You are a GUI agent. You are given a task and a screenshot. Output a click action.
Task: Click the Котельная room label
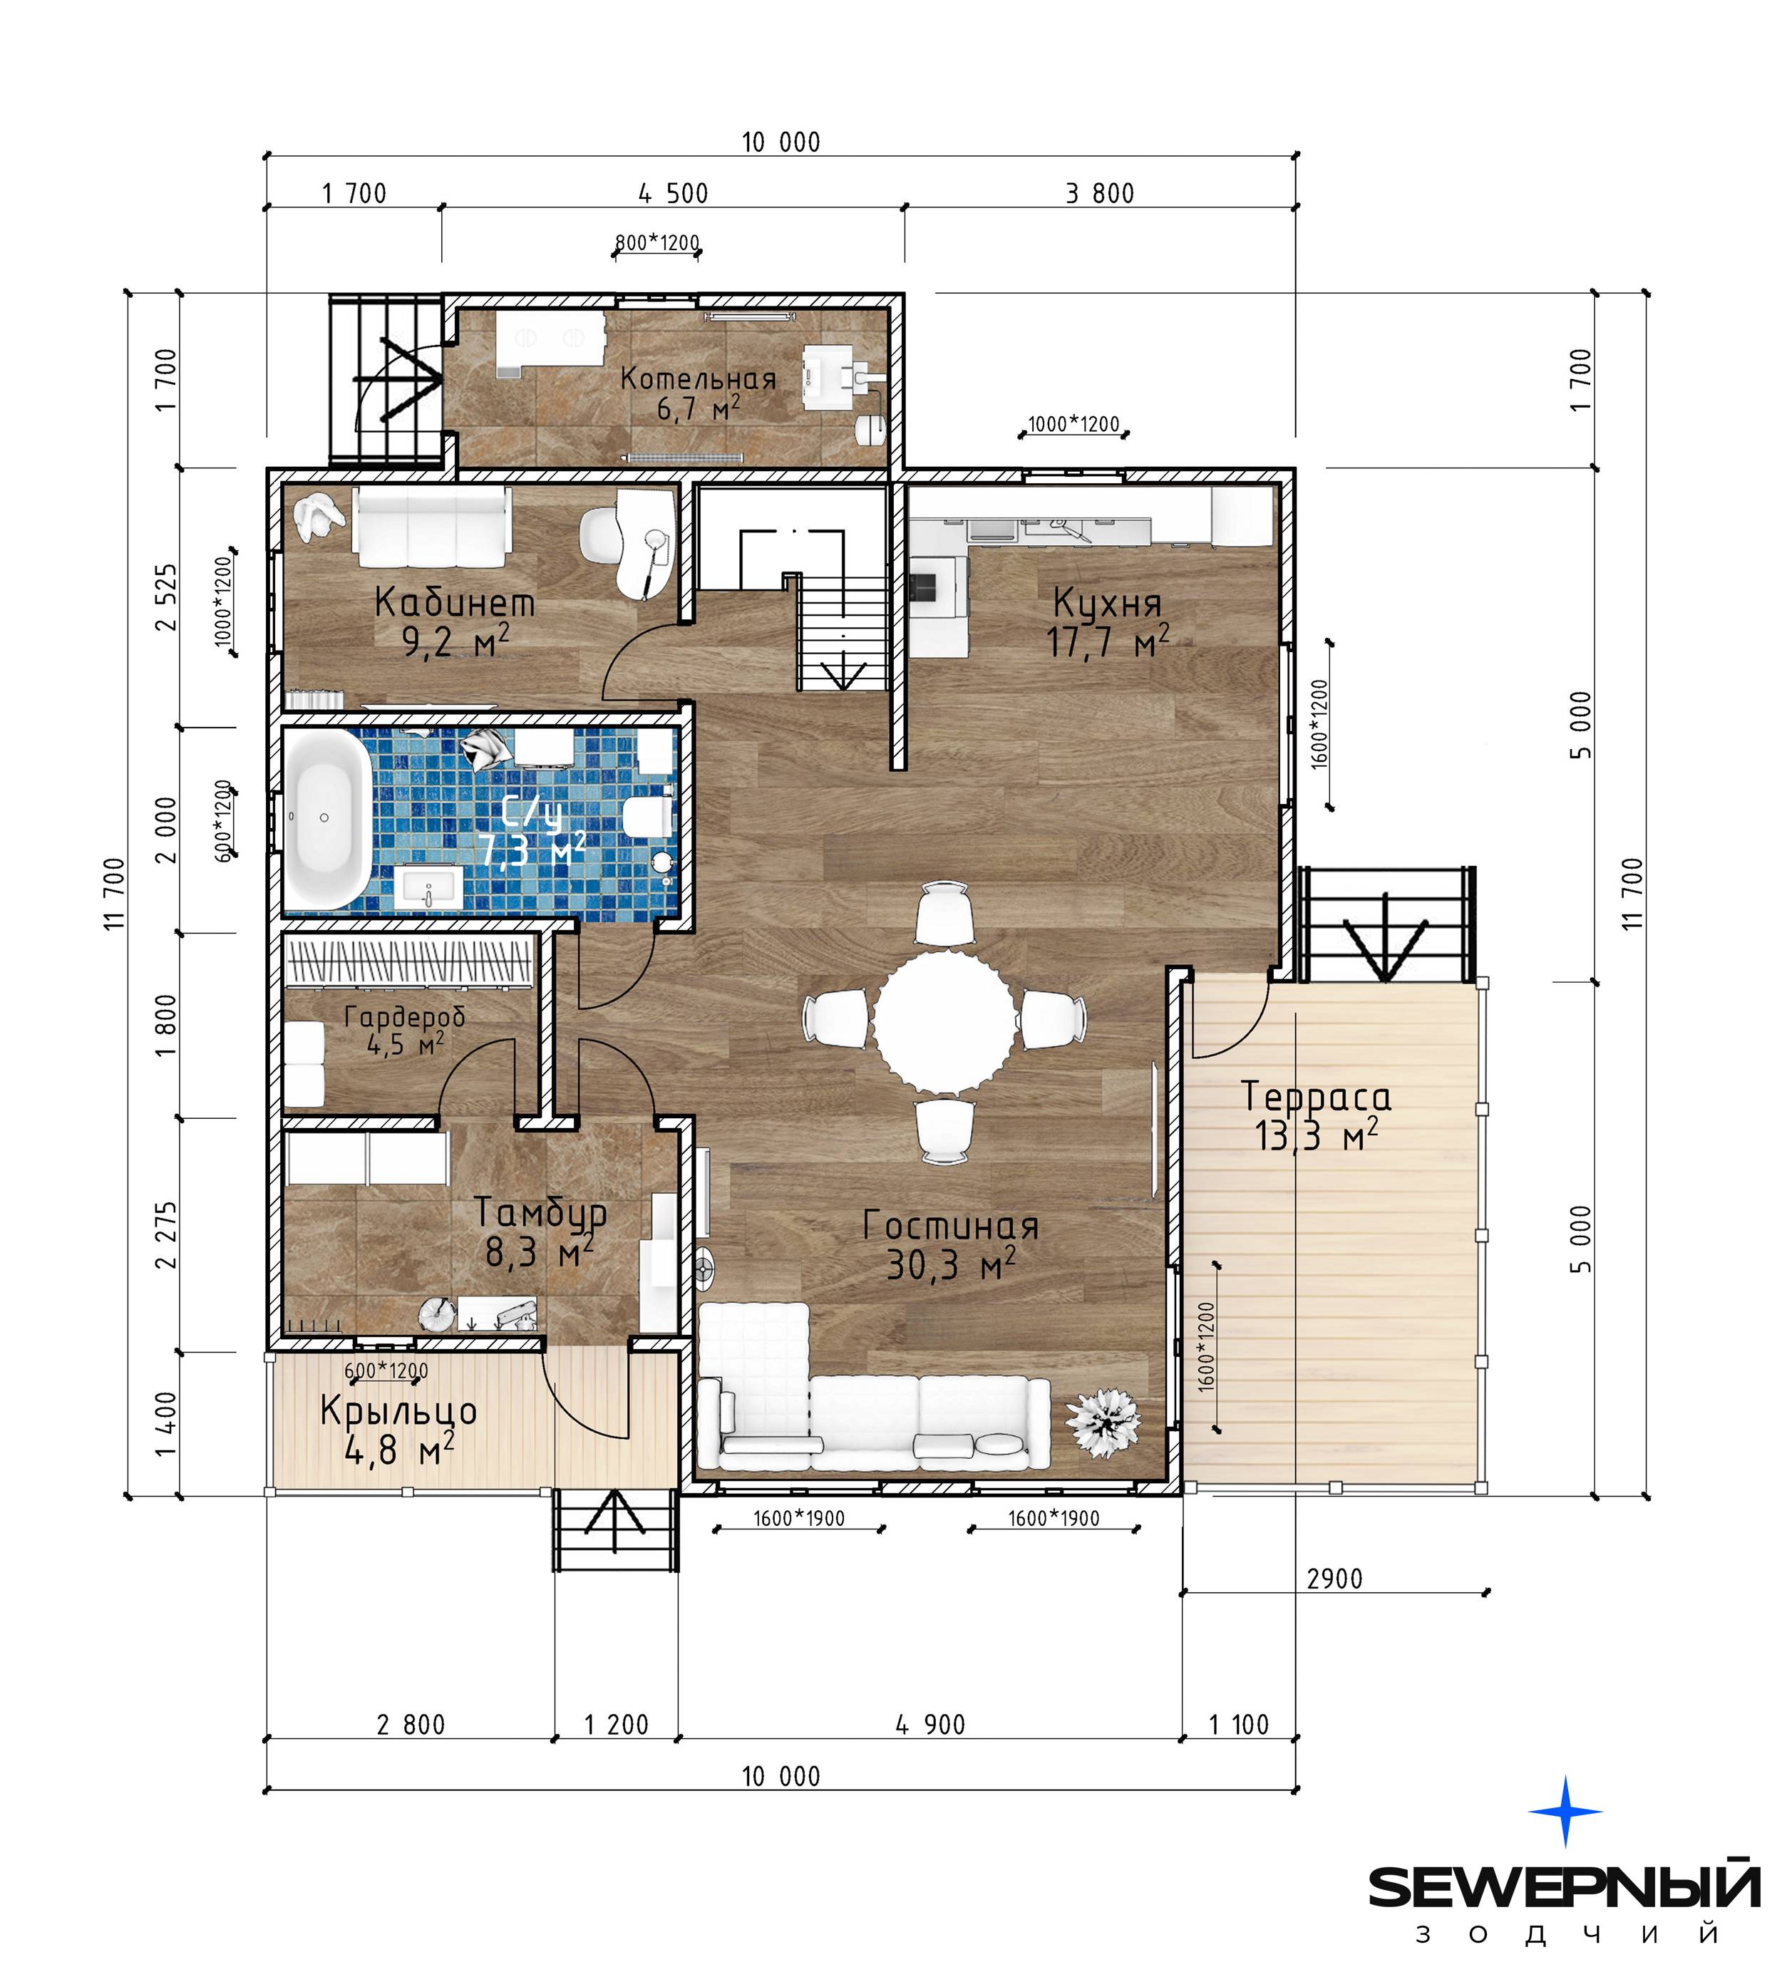click(698, 378)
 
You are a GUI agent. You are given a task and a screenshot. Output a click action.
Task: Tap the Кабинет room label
click(455, 602)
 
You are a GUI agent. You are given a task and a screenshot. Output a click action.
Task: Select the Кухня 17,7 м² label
click(1108, 623)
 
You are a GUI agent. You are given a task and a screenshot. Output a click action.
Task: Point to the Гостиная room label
click(950, 1225)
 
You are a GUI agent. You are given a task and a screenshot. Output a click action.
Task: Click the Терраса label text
click(1316, 1097)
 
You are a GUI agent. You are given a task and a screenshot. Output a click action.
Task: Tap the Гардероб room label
click(405, 1016)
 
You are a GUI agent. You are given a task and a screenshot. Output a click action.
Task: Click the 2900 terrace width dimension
click(1334, 1579)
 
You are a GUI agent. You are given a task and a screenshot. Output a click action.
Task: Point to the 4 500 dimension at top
click(674, 194)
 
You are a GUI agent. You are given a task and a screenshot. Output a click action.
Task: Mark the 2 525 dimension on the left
click(168, 597)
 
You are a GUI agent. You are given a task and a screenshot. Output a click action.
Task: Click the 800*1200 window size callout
click(657, 242)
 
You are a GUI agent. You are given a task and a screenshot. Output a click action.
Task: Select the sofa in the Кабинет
click(432, 527)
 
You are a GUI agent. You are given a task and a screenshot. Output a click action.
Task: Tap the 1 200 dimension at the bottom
click(616, 1725)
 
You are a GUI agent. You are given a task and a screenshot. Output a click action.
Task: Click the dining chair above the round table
click(944, 912)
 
